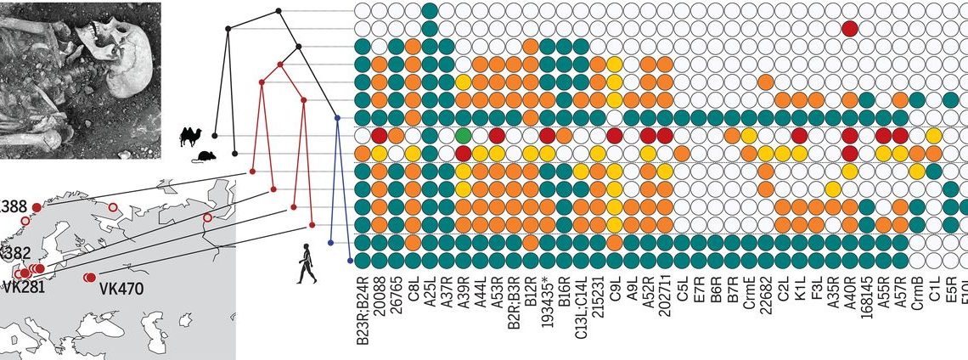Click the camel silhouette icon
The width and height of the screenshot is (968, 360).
pyautogui.click(x=192, y=135)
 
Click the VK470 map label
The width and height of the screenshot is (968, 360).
pyautogui.click(x=121, y=289)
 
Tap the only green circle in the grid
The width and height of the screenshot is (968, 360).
pyautogui.click(x=463, y=136)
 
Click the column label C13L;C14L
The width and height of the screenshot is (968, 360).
pyautogui.click(x=579, y=306)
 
